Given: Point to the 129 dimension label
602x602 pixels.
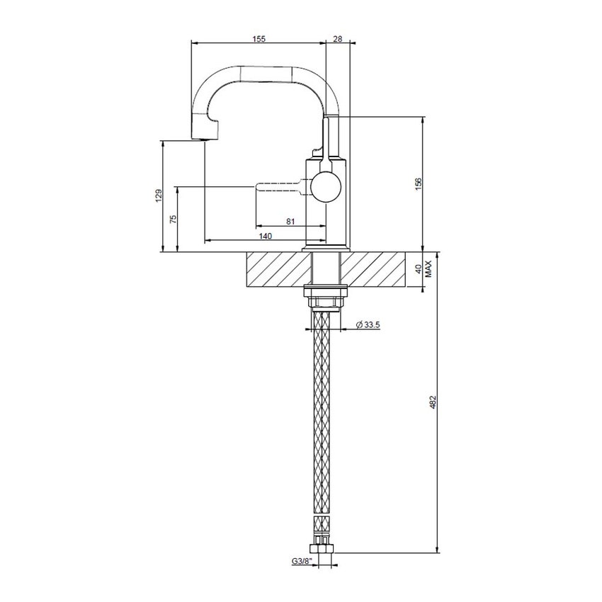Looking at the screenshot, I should click(x=159, y=196).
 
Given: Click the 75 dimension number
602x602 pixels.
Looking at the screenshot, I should click(x=173, y=218).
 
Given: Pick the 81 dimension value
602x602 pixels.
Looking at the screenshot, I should click(x=290, y=222).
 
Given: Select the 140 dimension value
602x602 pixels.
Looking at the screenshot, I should click(x=265, y=236).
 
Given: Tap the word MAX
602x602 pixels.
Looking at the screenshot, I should click(x=429, y=270).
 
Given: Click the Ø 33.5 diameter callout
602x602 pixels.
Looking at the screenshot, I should click(x=368, y=324).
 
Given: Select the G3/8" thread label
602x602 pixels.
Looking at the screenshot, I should click(x=302, y=562).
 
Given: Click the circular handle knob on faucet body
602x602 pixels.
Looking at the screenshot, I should click(x=325, y=187).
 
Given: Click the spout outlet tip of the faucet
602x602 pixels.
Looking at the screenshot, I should click(x=203, y=135).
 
